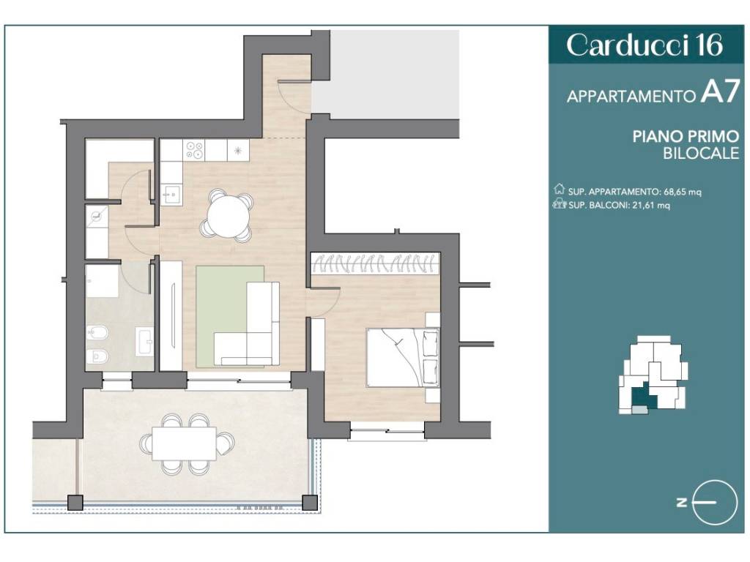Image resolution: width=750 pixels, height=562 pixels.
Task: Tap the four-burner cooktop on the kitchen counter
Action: [x=195, y=150]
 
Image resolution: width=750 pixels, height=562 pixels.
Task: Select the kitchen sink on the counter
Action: [x=170, y=193]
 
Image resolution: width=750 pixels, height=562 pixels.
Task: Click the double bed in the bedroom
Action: [x=402, y=357]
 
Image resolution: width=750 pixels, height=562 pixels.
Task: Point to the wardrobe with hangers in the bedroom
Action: [x=375, y=263]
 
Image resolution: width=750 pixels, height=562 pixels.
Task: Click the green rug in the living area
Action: [x=229, y=317]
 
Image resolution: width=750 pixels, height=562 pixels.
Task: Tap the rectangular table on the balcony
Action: [x=184, y=443]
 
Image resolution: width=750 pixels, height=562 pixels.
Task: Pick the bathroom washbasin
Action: [x=144, y=341]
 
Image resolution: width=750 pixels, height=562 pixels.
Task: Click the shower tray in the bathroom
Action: [x=102, y=282]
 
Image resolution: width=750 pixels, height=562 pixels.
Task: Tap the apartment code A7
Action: [x=720, y=91]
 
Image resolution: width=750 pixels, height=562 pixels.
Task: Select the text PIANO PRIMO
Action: [x=686, y=137]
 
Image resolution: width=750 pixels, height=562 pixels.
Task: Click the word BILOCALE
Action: [x=701, y=154]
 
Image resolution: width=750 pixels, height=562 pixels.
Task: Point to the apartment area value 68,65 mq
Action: [x=683, y=192]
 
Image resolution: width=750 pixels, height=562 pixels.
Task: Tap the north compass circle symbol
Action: [x=715, y=503]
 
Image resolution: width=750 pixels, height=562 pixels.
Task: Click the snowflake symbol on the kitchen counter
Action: [x=238, y=151]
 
